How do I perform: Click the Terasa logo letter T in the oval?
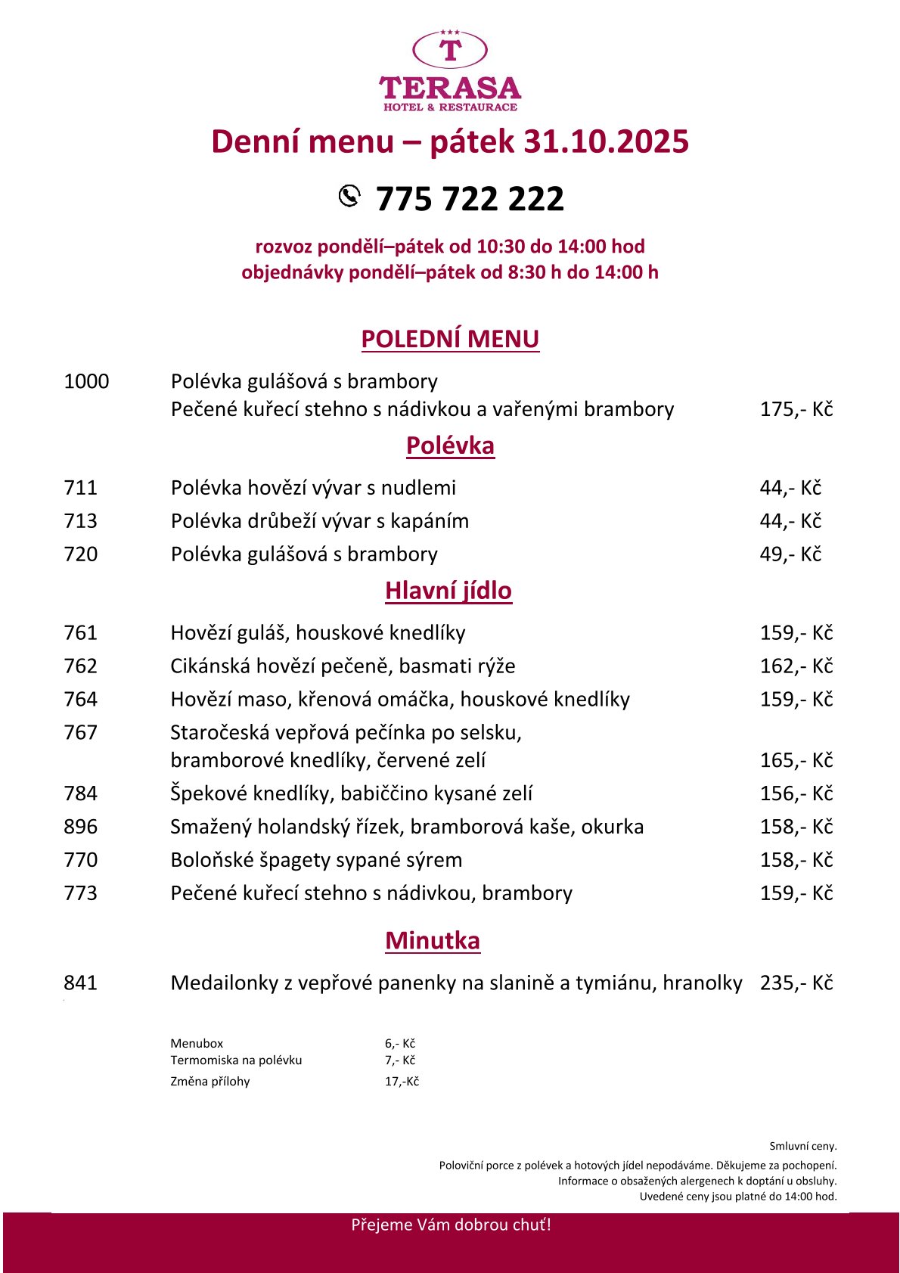click(x=450, y=50)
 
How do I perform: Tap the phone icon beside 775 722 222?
click(x=349, y=195)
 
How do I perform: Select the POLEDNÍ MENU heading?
click(x=450, y=339)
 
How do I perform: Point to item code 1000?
click(x=86, y=381)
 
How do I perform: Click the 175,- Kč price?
click(x=796, y=409)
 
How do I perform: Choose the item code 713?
click(x=81, y=521)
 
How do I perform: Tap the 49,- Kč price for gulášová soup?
click(x=790, y=554)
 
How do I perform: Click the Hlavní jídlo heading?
click(x=448, y=591)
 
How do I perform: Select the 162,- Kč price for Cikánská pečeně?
click(x=796, y=666)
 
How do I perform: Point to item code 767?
click(x=81, y=733)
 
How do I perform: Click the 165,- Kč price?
click(x=796, y=760)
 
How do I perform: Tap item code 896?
click(x=81, y=827)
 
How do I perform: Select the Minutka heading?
click(x=433, y=941)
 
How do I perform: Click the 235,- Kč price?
click(x=796, y=983)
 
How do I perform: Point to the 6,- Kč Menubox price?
click(x=400, y=1044)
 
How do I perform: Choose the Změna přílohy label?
click(x=210, y=1082)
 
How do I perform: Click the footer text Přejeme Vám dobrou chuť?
click(x=451, y=1225)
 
